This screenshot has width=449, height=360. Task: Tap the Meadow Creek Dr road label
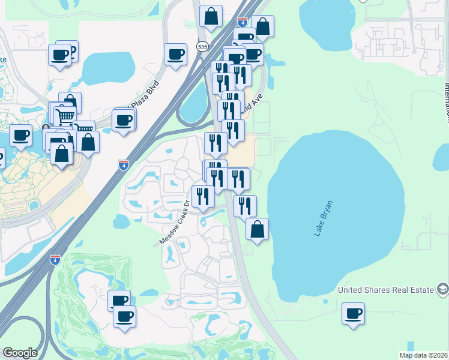[x=174, y=223]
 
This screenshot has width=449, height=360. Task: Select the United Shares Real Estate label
[x=385, y=290]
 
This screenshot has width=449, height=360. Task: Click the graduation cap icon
[x=442, y=290]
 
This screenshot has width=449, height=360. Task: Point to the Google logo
[x=20, y=353]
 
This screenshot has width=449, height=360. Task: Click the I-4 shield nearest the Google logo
[x=55, y=260]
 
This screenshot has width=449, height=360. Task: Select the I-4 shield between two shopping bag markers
[x=243, y=22]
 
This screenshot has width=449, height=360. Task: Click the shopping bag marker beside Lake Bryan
[x=257, y=229]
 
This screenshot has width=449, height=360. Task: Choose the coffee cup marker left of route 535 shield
[x=175, y=55]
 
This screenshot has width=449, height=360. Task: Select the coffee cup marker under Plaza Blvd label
[x=124, y=121]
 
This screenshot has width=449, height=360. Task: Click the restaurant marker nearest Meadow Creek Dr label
[x=203, y=196]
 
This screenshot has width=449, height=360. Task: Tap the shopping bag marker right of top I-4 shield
[x=263, y=26]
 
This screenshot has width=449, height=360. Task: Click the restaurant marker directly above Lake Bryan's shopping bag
[x=245, y=206]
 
